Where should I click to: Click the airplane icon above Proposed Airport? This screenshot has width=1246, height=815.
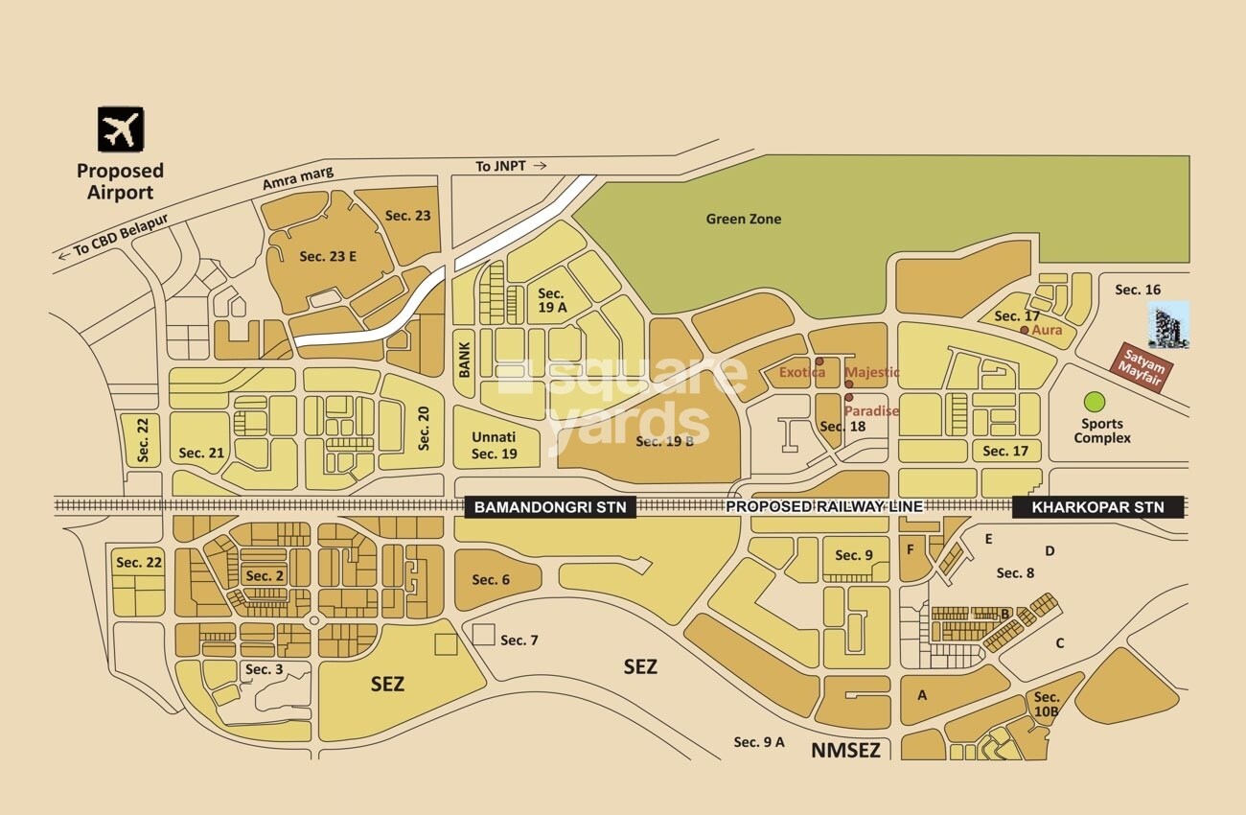coord(120,129)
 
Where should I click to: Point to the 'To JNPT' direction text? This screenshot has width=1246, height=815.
coord(511,166)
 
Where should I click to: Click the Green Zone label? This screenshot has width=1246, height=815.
coord(743,219)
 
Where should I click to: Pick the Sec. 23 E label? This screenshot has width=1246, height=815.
coord(327,256)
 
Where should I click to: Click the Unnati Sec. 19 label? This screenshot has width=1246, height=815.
coord(495,445)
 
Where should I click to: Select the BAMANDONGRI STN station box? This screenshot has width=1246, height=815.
coord(550,507)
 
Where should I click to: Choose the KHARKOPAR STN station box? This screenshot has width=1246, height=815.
coord(1097,507)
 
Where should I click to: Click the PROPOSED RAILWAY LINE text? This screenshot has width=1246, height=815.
coord(823,506)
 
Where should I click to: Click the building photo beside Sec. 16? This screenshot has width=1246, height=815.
coord(1168,325)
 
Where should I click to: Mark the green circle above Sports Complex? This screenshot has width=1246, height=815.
coord(1093,401)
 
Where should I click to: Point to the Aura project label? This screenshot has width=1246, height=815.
coord(1046,330)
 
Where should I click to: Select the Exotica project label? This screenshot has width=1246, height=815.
coord(801,372)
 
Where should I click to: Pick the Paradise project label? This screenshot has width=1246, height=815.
coord(871,410)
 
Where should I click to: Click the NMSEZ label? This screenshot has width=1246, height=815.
coord(845,750)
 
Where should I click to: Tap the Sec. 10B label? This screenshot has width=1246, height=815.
coord(1047,704)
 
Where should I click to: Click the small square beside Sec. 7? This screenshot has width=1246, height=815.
coord(484,634)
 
